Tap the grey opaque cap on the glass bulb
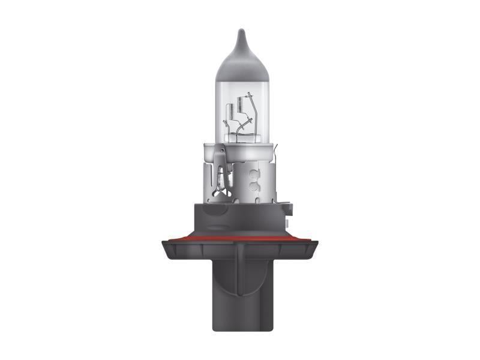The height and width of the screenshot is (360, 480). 241,60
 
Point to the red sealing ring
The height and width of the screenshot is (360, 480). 240,239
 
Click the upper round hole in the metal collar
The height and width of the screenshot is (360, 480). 255,170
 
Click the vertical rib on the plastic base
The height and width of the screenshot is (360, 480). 240,264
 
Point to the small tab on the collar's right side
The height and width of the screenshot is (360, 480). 289,208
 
